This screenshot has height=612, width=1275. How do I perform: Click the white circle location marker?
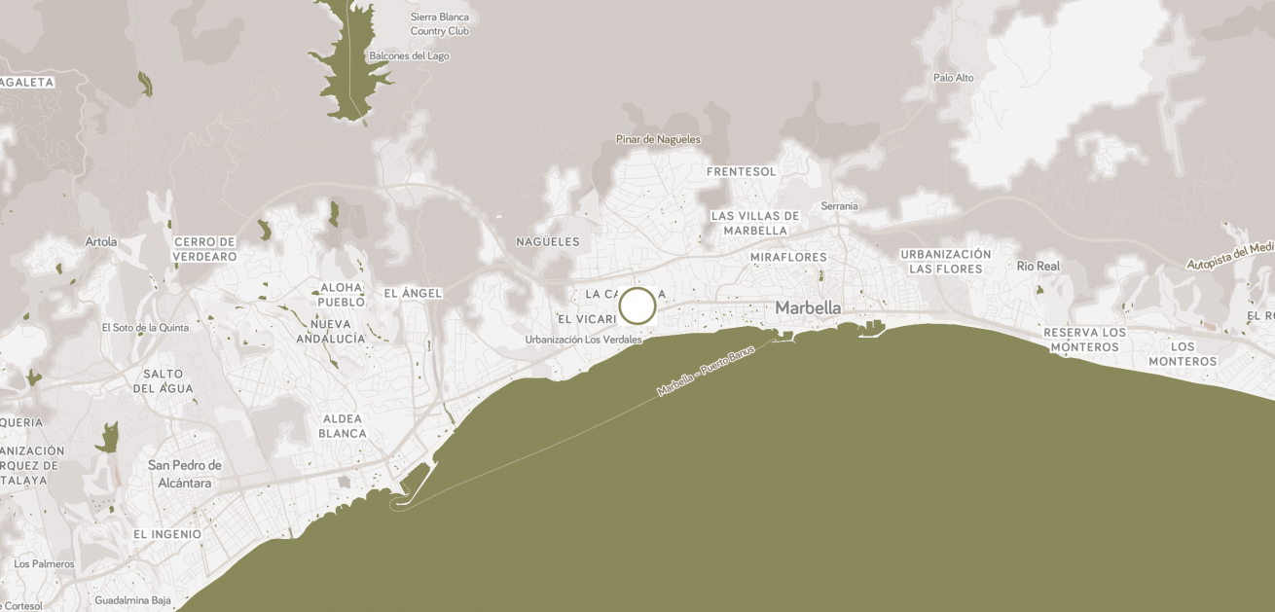[637, 306]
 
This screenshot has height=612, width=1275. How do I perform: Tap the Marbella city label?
[808, 307]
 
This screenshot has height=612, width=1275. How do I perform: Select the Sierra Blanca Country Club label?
[439, 24]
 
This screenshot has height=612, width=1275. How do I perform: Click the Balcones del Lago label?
[409, 56]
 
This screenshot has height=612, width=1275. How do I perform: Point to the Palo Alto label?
[953, 78]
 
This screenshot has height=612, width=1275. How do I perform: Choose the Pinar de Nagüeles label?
[658, 139]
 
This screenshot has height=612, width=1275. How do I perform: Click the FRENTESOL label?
[742, 172]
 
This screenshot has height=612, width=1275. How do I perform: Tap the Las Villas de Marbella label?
[755, 223]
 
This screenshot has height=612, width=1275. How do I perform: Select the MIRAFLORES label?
[788, 258]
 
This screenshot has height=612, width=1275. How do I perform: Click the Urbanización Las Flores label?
[945, 261]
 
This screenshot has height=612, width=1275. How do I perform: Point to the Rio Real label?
[1038, 266]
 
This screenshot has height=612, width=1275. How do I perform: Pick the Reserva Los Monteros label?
[1084, 340]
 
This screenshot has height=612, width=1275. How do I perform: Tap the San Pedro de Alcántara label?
[185, 473]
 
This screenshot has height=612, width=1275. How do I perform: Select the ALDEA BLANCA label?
[343, 426]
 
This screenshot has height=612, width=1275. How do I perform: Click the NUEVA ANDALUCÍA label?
[331, 331]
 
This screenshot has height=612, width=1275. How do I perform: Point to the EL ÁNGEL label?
[413, 293]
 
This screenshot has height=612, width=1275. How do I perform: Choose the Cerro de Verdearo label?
[204, 249]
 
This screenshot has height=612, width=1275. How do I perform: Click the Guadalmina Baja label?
[132, 600]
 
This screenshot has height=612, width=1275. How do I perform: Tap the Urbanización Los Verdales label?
[583, 340]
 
